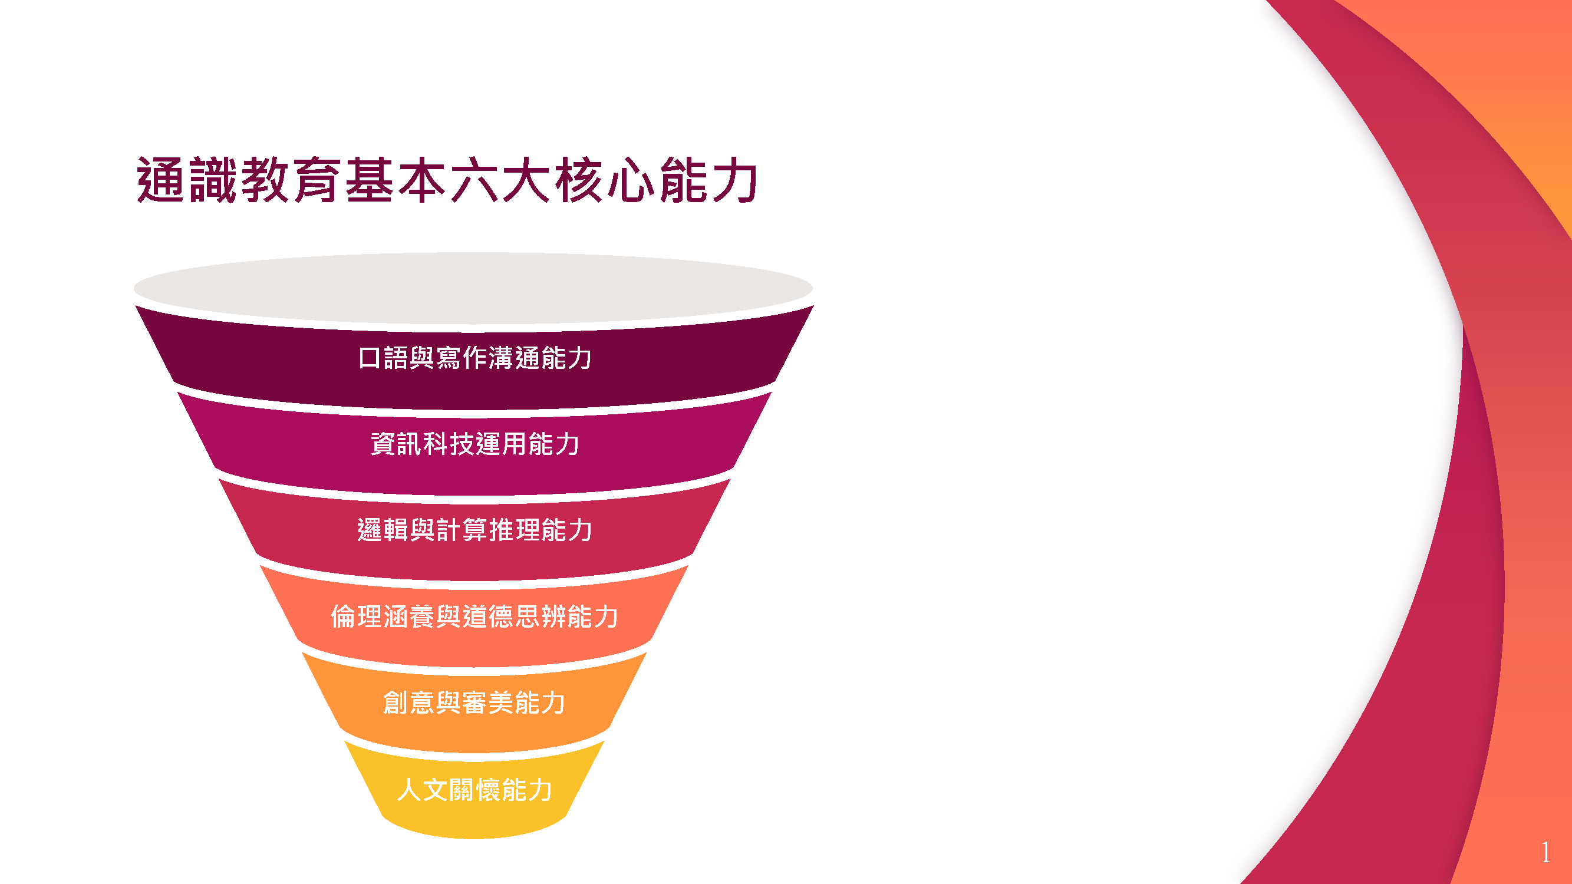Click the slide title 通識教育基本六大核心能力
pos(447,180)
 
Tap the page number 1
pos(1545,852)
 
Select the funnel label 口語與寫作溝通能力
pos(474,358)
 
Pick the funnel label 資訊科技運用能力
pos(474,444)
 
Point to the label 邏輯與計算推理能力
pos(474,530)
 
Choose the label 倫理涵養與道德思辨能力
pos(474,616)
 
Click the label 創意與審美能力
pos(474,702)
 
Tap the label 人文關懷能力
pos(474,790)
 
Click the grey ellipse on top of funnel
pos(473,288)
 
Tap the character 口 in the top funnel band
pos(370,358)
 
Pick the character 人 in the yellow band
pos(410,790)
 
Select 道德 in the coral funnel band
pos(488,616)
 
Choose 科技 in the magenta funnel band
pos(449,444)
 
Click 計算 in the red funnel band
pos(462,530)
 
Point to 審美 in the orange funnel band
pos(487,702)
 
